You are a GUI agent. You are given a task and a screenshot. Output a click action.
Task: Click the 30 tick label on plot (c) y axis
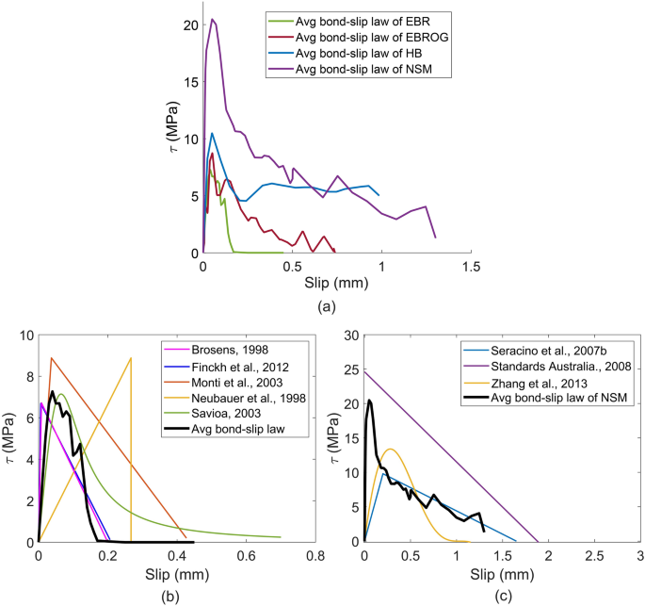[351, 336]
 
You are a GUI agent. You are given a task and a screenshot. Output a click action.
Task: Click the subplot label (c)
[502, 595]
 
